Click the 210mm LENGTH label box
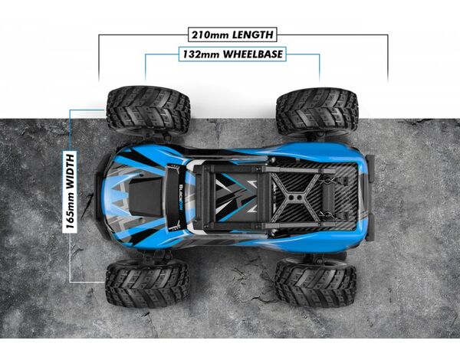[232, 35]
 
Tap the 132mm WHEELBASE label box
[232, 54]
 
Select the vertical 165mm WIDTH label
[70, 191]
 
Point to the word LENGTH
[253, 35]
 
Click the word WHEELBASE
[253, 54]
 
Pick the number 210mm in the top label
[210, 35]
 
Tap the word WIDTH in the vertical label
[70, 171]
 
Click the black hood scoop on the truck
[145, 198]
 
